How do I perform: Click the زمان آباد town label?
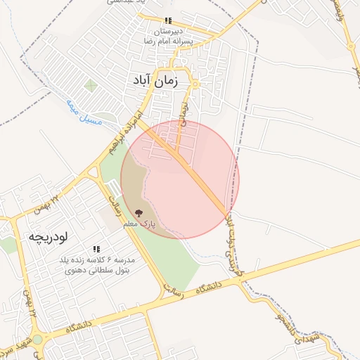154,81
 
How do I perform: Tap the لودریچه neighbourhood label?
47,238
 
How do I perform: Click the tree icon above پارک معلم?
139,212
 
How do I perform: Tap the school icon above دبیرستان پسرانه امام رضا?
167,21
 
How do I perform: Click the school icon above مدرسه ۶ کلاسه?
96,249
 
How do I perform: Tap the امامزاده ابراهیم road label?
126,133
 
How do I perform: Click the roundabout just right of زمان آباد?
195,85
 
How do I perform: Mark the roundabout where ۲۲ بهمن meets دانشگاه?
37,339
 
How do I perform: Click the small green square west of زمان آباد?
90,86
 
